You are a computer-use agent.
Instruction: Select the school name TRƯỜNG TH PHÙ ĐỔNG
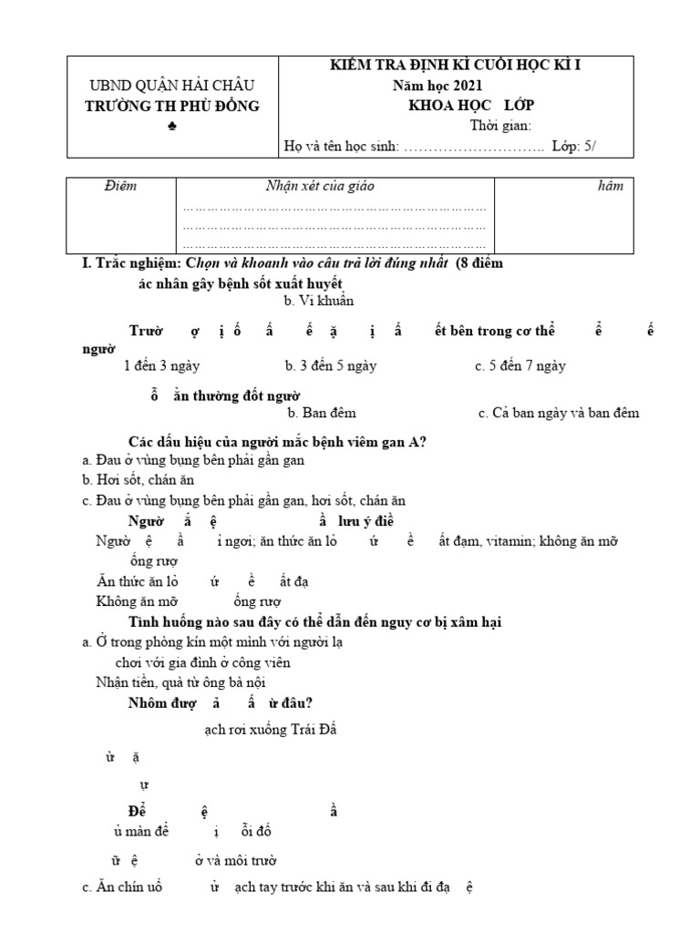(173, 106)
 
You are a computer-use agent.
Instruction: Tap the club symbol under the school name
(173, 127)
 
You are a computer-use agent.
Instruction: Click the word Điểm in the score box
(120, 187)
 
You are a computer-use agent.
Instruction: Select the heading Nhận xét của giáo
(319, 187)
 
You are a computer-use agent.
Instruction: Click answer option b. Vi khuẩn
(318, 301)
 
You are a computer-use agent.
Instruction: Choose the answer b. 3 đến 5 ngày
(330, 366)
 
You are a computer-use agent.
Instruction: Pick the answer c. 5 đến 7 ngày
(520, 366)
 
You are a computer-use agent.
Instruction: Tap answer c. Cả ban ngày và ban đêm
(558, 413)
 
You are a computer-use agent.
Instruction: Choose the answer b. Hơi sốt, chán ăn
(138, 479)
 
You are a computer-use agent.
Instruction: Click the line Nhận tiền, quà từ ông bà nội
(181, 682)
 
